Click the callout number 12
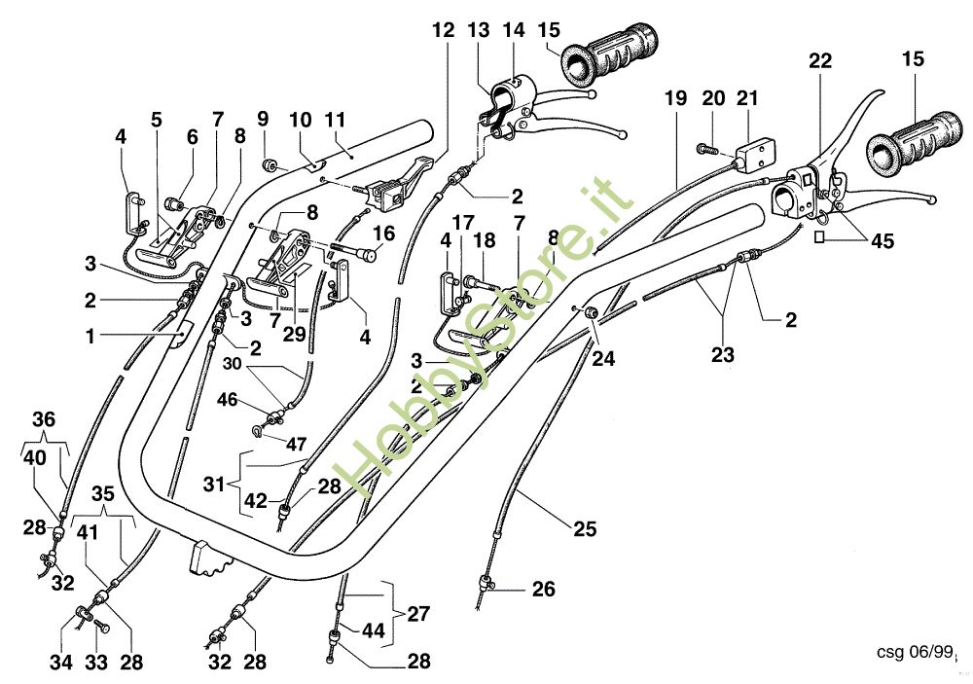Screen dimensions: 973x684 [444, 30]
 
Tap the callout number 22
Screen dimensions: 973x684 [819, 61]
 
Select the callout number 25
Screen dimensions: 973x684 [585, 529]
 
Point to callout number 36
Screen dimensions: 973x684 [44, 419]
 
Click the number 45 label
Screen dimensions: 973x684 [882, 241]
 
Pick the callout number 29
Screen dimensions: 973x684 [294, 334]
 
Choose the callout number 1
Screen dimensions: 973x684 [90, 337]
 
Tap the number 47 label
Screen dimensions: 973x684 [296, 445]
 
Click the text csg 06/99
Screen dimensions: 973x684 [914, 652]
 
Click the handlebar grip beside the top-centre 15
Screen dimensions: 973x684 [609, 54]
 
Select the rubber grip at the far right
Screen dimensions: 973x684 [915, 143]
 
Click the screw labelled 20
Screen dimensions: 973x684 [707, 149]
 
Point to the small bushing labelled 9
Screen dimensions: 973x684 [270, 165]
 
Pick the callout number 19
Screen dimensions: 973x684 [676, 98]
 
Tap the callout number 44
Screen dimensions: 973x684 [374, 630]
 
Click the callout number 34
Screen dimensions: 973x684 [60, 663]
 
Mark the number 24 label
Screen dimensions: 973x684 [603, 358]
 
